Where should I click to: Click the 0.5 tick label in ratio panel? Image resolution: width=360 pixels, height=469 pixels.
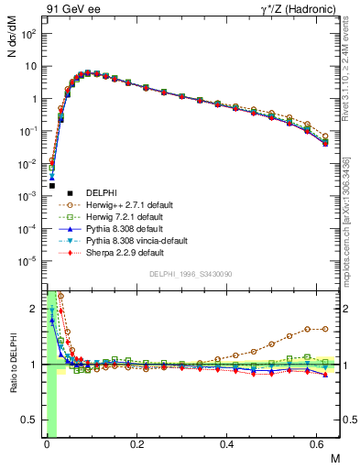coord(31,420)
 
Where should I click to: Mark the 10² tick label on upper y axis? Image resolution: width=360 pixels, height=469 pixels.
coord(30,34)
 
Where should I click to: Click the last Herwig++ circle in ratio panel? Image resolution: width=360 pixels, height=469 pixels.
coord(325,329)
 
